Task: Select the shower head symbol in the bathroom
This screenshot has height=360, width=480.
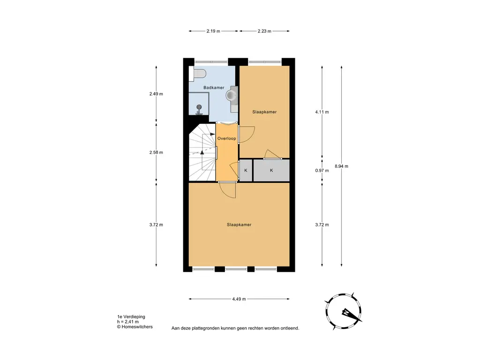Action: pos(199,109)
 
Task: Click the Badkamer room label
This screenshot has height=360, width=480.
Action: pos(214,88)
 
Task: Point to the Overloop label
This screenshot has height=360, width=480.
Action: pos(226,138)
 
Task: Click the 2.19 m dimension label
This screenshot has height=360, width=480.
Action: pos(213,31)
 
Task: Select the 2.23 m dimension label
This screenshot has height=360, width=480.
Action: pos(264,31)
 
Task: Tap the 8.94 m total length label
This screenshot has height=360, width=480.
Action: pos(341,166)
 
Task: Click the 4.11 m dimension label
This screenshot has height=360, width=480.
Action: pos(322,112)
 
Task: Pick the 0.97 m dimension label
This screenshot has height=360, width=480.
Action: pos(322,171)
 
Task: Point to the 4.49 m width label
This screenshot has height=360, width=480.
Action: pos(239,299)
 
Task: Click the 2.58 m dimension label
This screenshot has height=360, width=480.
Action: pos(156,152)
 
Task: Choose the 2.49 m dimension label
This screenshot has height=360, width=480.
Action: pos(156,94)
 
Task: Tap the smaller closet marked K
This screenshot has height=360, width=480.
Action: pos(246,170)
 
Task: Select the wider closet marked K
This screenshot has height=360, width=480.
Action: pos(271,170)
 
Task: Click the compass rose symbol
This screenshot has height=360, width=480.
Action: pos(344,311)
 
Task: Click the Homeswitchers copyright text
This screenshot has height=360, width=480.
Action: pos(135,327)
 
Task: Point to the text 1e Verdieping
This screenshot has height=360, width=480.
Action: pos(131,317)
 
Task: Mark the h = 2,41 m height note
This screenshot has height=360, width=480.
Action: pos(127,322)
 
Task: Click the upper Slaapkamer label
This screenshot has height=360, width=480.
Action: pos(264,112)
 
